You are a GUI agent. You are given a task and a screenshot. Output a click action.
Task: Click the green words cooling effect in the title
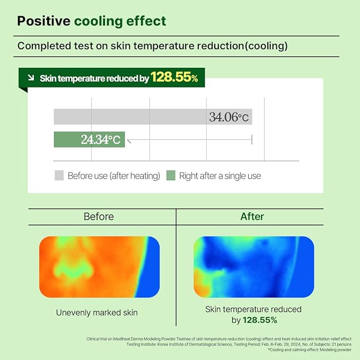pos(120,21)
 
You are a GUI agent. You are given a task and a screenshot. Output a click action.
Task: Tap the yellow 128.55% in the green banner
pos(174,78)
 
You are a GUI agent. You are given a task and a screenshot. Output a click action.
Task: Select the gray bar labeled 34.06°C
pos(153,117)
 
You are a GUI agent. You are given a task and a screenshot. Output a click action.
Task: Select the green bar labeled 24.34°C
pos(89,140)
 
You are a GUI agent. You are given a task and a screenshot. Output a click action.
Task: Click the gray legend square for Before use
pos(59,175)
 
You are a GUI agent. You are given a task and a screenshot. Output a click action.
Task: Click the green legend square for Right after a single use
pos(170,175)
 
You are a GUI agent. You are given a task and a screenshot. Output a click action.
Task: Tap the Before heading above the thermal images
pos(99,216)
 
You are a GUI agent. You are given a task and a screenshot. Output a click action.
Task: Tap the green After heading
pos(252,216)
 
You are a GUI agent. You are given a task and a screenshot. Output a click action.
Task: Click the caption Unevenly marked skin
pos(97,313)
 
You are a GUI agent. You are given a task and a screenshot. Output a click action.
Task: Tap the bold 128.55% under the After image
pos(260,320)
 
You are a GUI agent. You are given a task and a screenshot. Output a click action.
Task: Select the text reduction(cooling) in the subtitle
pos(247,46)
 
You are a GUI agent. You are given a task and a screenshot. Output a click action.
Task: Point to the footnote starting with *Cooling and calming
pos(309,350)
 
